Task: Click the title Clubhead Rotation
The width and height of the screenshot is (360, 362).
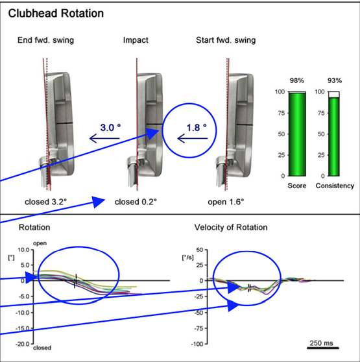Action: tap(56, 14)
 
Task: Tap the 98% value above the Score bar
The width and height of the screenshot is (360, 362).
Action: tap(297, 80)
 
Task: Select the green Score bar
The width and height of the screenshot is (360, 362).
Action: tap(297, 134)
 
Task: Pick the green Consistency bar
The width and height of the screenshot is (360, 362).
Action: tap(334, 137)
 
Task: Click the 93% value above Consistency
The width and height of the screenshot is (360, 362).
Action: tap(335, 80)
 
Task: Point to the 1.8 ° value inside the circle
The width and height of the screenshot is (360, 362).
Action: tap(197, 128)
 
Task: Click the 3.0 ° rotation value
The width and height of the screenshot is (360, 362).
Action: tap(110, 128)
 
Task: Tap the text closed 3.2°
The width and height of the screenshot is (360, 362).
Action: tap(45, 202)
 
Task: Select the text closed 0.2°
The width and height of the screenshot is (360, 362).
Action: tap(136, 202)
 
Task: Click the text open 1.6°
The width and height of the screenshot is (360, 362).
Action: tap(226, 202)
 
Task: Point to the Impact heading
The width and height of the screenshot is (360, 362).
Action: tap(136, 40)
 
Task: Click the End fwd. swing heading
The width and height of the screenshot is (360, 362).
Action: tap(45, 40)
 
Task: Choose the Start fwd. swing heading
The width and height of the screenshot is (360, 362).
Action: tap(226, 40)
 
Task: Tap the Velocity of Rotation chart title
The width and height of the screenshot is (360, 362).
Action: tap(231, 228)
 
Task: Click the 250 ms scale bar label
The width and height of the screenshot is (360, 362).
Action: tap(322, 343)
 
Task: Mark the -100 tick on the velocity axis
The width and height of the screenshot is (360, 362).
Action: tap(197, 344)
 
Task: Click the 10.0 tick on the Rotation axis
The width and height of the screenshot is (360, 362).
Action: tap(23, 250)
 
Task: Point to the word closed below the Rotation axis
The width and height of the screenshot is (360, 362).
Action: tap(42, 348)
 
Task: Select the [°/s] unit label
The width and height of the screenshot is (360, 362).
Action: tap(188, 257)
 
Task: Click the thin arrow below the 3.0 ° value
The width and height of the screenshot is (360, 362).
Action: tap(104, 139)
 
